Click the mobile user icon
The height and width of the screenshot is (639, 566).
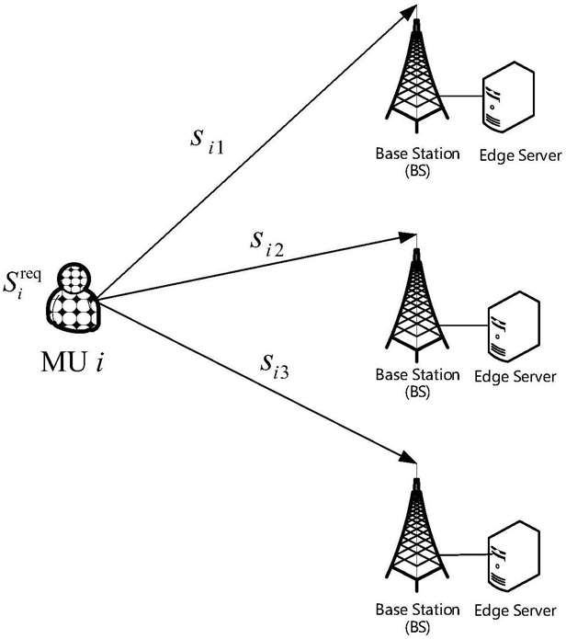73,299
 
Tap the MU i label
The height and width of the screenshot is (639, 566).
72,362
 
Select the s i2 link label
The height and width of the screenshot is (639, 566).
266,244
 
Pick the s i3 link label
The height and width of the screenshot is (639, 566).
275,366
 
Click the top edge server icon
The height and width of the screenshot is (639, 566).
508,97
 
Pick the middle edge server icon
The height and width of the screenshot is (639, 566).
514,326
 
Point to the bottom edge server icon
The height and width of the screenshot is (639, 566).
514,556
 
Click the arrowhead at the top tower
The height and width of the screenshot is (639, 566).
410,12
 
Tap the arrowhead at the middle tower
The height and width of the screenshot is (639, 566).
407,237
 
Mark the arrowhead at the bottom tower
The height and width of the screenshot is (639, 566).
408,457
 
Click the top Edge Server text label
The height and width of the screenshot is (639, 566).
520,155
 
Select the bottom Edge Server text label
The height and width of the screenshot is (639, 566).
515,610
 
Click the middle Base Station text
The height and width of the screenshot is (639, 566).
417,374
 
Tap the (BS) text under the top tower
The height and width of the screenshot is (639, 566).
417,171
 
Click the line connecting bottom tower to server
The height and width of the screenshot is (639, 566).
464,555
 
